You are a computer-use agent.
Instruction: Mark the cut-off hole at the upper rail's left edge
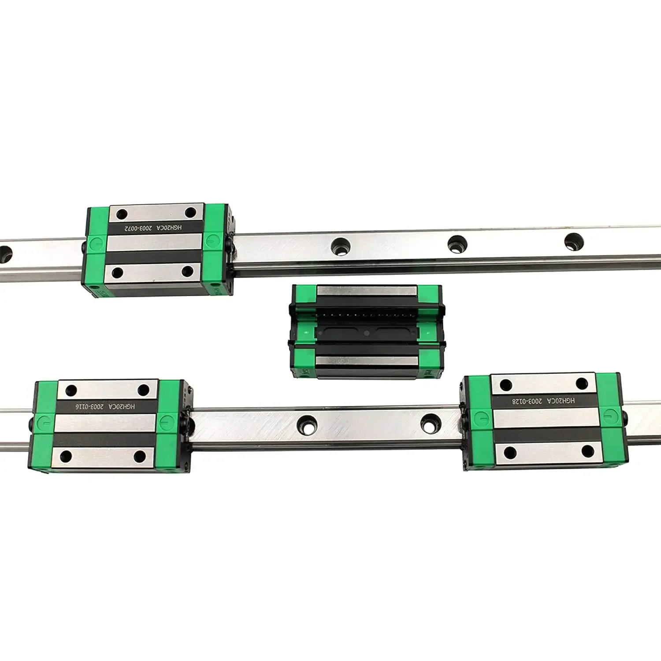click(4, 254)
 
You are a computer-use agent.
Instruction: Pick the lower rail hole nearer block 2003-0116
click(307, 424)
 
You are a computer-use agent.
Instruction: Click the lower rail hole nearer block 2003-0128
click(431, 423)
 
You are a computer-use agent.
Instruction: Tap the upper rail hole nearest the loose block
click(341, 245)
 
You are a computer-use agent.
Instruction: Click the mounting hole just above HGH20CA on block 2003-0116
click(144, 390)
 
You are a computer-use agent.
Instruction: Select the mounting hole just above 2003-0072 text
click(122, 215)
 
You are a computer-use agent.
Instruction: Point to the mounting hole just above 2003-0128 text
click(506, 384)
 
